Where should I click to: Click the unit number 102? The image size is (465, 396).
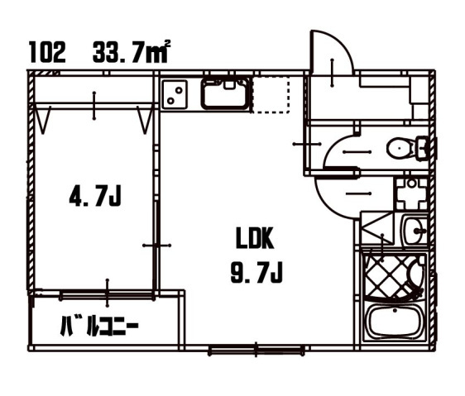click(x=47, y=52)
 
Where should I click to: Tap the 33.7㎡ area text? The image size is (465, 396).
click(x=132, y=52)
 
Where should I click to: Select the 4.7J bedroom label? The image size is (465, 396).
click(x=95, y=196)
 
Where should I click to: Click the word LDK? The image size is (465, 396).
click(x=255, y=238)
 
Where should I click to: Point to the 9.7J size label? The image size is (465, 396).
click(x=256, y=272)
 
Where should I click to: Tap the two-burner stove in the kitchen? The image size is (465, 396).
click(x=175, y=94)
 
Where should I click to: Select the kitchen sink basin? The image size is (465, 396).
click(x=225, y=93)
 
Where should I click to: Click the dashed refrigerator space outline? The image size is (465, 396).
click(x=271, y=94)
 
